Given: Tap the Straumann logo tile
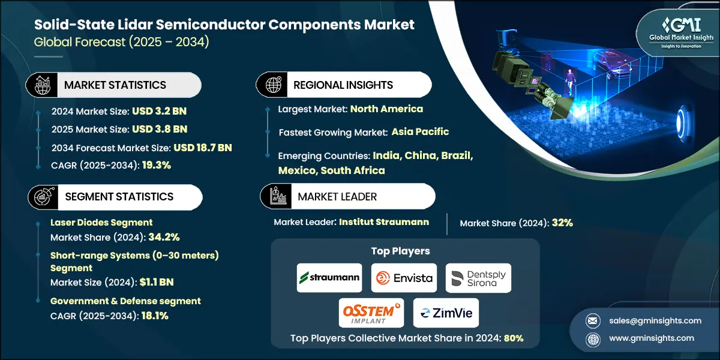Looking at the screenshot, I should tap(329, 278).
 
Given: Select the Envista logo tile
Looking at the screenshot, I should tap(404, 278).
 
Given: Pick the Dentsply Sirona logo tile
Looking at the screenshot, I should tap(478, 278).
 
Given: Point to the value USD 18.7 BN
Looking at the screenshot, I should tap(203, 148).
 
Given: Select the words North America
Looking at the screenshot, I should tap(386, 109).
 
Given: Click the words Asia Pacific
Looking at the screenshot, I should tap(420, 131).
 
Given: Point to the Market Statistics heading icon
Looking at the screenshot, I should tap(40, 85).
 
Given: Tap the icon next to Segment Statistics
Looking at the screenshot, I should tap(40, 197).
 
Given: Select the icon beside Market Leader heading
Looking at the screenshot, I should tap(275, 196).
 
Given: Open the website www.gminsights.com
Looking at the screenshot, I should tap(652, 338).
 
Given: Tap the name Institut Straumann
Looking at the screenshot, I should tap(384, 222).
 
